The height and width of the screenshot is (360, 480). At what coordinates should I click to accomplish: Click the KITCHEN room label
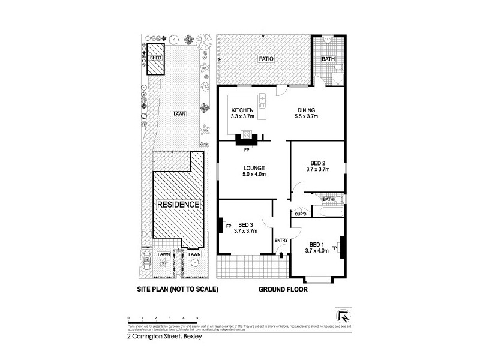243,110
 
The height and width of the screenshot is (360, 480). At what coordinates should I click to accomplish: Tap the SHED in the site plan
156,58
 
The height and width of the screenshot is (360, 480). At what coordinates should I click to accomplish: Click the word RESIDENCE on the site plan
178,205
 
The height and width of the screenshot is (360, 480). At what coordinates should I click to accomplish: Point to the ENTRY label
281,241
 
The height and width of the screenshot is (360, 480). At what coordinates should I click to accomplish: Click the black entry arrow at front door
281,256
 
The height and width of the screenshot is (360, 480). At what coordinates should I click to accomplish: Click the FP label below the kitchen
247,149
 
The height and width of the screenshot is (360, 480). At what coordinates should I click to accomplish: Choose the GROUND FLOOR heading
283,289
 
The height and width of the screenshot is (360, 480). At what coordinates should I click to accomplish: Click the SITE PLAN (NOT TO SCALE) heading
178,289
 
